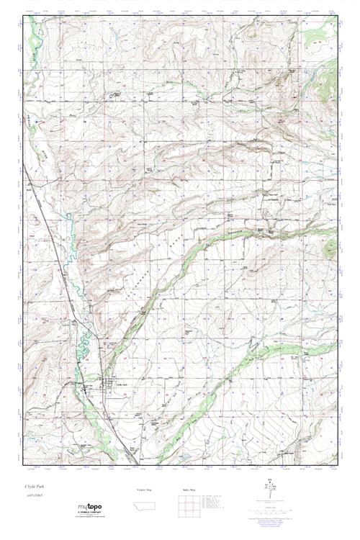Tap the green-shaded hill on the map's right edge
click(x=330, y=248)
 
